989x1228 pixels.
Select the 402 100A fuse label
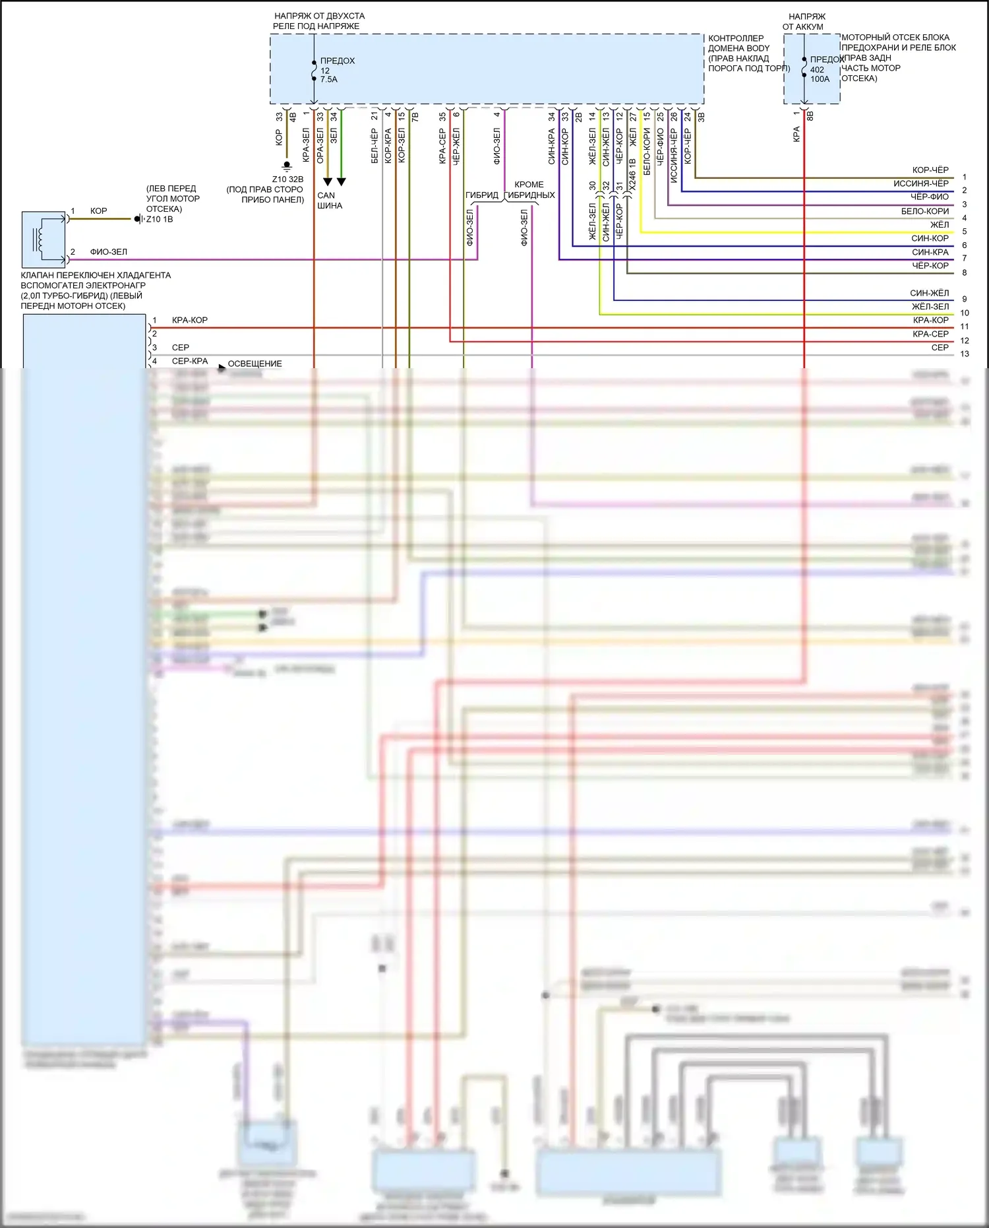coord(820,74)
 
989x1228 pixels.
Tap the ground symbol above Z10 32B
coord(287,166)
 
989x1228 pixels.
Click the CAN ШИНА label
coord(329,200)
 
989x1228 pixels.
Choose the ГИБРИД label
coord(482,195)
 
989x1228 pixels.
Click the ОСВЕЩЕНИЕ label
coord(255,364)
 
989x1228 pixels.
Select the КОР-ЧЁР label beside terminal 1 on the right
coord(930,170)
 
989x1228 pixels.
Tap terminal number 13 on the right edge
coord(965,354)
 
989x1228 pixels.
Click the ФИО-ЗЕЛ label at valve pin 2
coord(108,252)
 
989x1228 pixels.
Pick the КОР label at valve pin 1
coord(98,211)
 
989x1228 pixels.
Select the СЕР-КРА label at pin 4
coord(190,362)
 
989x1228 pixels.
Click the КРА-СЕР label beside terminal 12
coord(930,334)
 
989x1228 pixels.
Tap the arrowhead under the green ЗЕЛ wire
coord(341,181)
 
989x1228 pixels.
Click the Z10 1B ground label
coord(160,220)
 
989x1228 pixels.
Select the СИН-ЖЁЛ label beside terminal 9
coord(930,293)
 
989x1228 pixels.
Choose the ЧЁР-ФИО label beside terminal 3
coord(930,197)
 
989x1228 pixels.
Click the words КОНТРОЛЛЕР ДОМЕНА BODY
coord(738,43)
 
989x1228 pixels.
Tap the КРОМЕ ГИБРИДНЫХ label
coord(529,190)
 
